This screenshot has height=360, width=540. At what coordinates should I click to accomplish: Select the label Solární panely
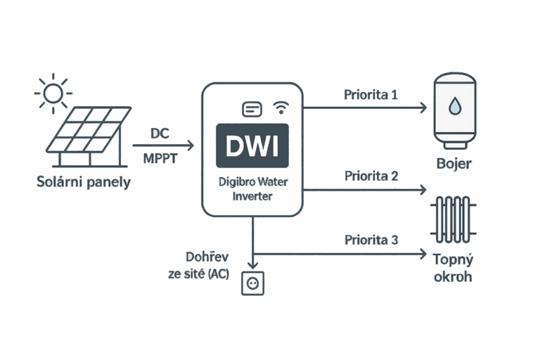point(84,183)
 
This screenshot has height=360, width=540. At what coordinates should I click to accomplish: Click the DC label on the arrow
point(160,133)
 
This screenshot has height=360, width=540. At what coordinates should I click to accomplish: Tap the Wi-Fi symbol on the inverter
point(281,108)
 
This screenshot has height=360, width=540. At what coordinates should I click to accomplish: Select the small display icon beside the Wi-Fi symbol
point(252,109)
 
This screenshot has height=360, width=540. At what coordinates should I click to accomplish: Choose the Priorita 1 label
point(371,94)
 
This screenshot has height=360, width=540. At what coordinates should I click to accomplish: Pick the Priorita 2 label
point(371,176)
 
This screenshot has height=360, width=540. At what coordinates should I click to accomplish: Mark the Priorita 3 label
point(371,240)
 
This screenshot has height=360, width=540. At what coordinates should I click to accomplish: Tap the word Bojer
point(454,164)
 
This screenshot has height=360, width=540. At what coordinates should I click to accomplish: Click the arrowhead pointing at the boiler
point(423,108)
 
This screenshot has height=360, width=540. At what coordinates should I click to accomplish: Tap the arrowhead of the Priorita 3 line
point(423,254)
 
